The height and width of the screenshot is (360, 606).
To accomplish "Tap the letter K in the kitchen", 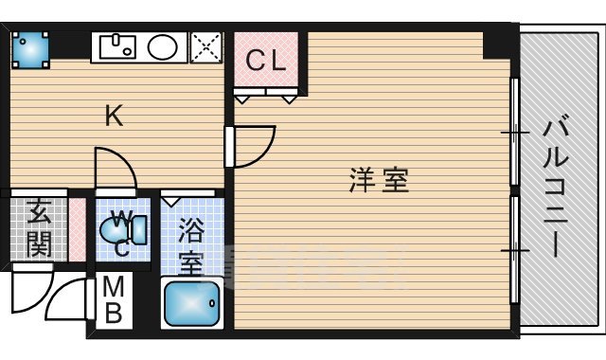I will (113, 117).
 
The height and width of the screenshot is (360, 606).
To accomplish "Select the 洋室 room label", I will (379, 180).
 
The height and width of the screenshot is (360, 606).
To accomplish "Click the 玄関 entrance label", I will (39, 228).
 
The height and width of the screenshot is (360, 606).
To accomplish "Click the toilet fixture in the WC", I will (129, 228).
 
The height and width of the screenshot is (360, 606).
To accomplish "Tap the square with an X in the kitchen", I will (205, 46).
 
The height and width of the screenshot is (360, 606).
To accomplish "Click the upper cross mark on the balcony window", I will (514, 134).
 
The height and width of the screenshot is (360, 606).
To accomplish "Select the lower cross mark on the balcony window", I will (514, 250).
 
